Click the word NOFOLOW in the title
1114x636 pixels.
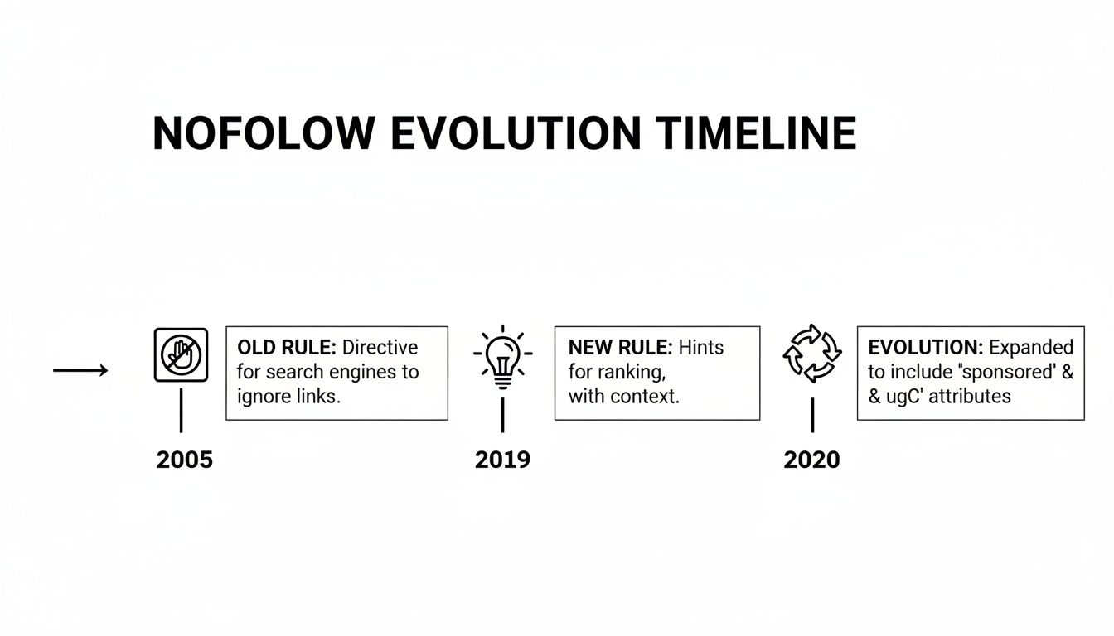tap(264, 133)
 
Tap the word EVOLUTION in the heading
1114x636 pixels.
tap(516, 133)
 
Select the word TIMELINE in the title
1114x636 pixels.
tap(755, 133)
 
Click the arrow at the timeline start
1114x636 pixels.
tap(80, 370)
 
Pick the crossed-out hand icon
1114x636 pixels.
tap(181, 355)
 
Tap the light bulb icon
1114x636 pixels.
tap(502, 358)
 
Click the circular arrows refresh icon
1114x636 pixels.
tap(812, 354)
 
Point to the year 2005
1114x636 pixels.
tap(184, 460)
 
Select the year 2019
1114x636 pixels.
tap(502, 460)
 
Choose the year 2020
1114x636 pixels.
tap(811, 460)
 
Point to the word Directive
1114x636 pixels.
tap(380, 348)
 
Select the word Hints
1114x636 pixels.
tap(701, 348)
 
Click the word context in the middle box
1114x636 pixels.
tap(644, 396)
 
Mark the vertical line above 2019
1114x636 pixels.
tap(502, 414)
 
